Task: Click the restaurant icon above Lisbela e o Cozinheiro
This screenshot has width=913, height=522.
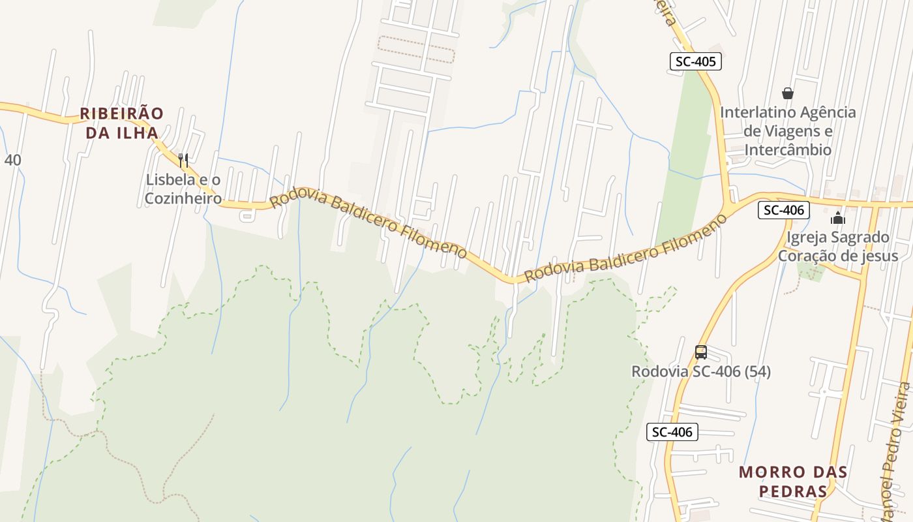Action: coord(183,159)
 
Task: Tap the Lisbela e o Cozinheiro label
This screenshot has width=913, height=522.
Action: coord(183,189)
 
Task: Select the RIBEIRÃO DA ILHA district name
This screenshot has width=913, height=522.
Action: coord(121,123)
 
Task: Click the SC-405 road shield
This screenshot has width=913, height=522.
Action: coord(696,62)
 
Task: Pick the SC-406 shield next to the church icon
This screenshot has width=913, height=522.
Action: coord(783,210)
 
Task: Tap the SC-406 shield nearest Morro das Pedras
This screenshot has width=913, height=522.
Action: coord(672,431)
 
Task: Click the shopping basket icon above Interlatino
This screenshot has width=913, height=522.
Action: coord(788,93)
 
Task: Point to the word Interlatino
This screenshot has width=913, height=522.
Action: coord(757,112)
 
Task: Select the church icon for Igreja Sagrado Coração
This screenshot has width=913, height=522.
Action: coord(838,218)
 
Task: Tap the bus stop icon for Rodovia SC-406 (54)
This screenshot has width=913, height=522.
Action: coord(701,352)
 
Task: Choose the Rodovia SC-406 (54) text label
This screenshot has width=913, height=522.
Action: coord(701,371)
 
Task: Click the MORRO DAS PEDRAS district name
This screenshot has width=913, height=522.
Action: coord(793,481)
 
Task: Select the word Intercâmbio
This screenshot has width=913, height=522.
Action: coord(788,149)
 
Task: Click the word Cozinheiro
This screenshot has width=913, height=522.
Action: coord(183,198)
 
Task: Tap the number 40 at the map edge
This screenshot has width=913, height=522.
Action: coord(12,159)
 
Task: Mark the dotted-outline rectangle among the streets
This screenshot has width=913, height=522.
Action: coord(416,49)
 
